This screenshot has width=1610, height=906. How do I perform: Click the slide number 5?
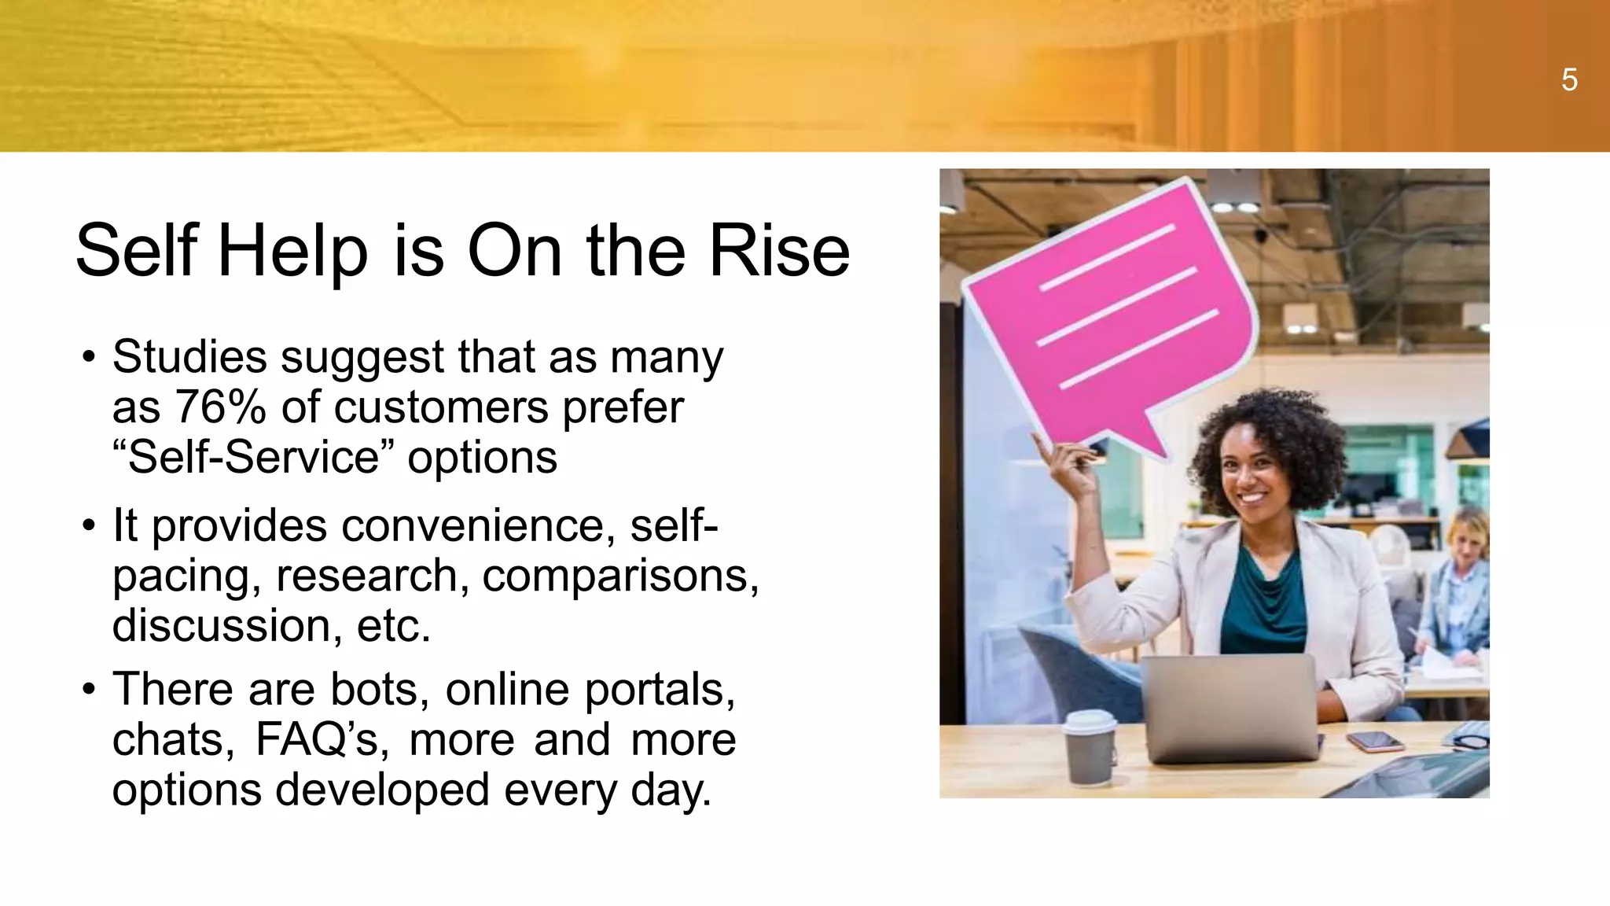[x=1569, y=80]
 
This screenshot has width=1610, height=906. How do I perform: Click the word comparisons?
[x=619, y=576]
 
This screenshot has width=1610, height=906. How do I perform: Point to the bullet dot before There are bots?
[x=89, y=690]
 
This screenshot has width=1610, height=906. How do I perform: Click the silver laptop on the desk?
[x=1230, y=708]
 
